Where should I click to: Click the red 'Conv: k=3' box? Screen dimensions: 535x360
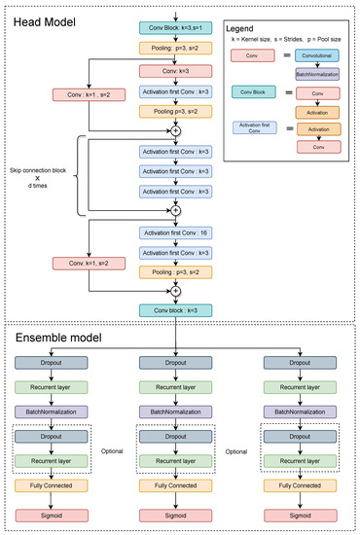tap(176, 72)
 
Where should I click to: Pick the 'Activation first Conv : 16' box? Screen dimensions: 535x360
tap(176, 233)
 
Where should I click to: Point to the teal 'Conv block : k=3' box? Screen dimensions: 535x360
tap(176, 309)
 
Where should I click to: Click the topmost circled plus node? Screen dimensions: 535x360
tap(176, 129)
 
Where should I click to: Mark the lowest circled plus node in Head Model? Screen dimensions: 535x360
tap(176, 288)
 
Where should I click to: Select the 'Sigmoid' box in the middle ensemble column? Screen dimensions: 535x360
tap(176, 507)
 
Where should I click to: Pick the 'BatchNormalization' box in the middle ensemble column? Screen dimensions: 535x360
tap(176, 411)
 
